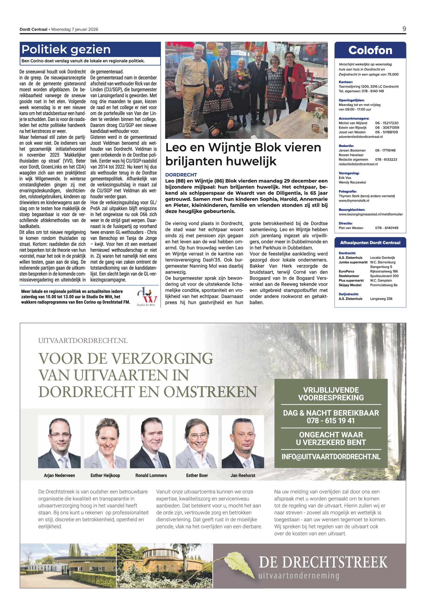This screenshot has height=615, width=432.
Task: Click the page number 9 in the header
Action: (404, 29)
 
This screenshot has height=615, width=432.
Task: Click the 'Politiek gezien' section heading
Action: (66, 49)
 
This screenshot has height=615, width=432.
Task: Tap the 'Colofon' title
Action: (370, 50)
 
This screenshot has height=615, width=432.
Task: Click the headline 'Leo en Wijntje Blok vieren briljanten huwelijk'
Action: (243, 154)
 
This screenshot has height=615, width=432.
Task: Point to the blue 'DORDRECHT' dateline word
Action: (181, 175)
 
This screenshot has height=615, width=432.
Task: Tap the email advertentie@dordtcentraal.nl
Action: (360, 137)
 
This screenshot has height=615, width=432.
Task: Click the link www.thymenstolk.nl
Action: (354, 201)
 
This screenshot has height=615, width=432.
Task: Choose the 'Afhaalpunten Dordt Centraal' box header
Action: (370, 243)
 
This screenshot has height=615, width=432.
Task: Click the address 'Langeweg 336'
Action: (381, 299)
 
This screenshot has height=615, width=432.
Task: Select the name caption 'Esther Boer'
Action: (197, 475)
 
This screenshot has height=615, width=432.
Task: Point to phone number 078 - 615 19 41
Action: (330, 421)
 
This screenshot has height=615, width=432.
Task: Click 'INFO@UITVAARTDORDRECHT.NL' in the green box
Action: (331, 457)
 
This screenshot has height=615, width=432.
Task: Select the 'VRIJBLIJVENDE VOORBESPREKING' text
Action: (331, 394)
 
